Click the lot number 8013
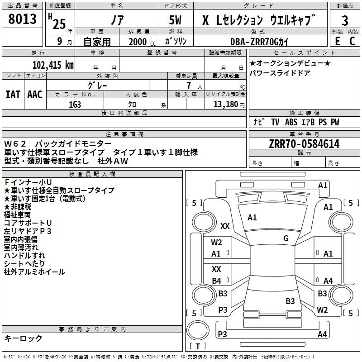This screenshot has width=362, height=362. [x=23, y=19]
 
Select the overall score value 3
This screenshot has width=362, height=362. [x=345, y=21]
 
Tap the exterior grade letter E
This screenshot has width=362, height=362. [x=337, y=40]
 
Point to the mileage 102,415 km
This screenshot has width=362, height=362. [x=53, y=64]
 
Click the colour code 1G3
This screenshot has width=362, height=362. [x=75, y=104]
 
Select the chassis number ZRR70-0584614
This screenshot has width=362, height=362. [x=304, y=144]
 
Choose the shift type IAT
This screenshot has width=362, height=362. [x=13, y=94]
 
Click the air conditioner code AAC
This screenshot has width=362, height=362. [x=35, y=94]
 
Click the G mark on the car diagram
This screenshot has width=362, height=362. [x=286, y=238]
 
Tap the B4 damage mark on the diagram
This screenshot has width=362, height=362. [x=217, y=281]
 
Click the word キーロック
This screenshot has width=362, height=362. [x=23, y=338]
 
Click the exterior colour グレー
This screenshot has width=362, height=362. [x=97, y=85]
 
